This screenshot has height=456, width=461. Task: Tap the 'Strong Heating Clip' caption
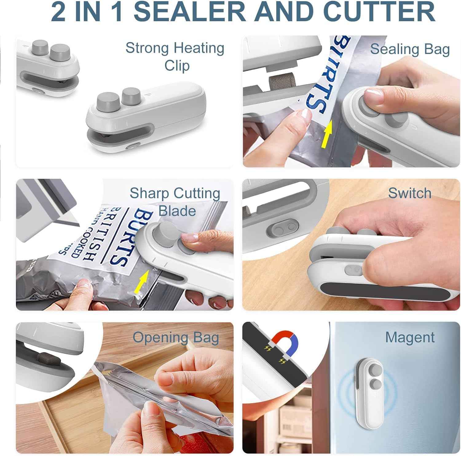pyautogui.click(x=175, y=57)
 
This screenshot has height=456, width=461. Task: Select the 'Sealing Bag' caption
pyautogui.click(x=410, y=49)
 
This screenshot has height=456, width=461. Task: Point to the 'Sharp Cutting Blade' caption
pyautogui.click(x=175, y=202)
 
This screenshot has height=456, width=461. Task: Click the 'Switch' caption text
pyautogui.click(x=410, y=193)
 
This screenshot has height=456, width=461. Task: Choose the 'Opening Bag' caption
pyautogui.click(x=176, y=337)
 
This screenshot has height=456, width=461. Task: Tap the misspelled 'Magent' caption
pyautogui.click(x=410, y=337)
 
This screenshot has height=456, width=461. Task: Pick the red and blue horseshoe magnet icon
pyautogui.click(x=285, y=342)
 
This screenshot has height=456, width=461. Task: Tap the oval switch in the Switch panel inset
pyautogui.click(x=282, y=228)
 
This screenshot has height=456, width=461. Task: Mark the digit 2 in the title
pyautogui.click(x=58, y=12)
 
